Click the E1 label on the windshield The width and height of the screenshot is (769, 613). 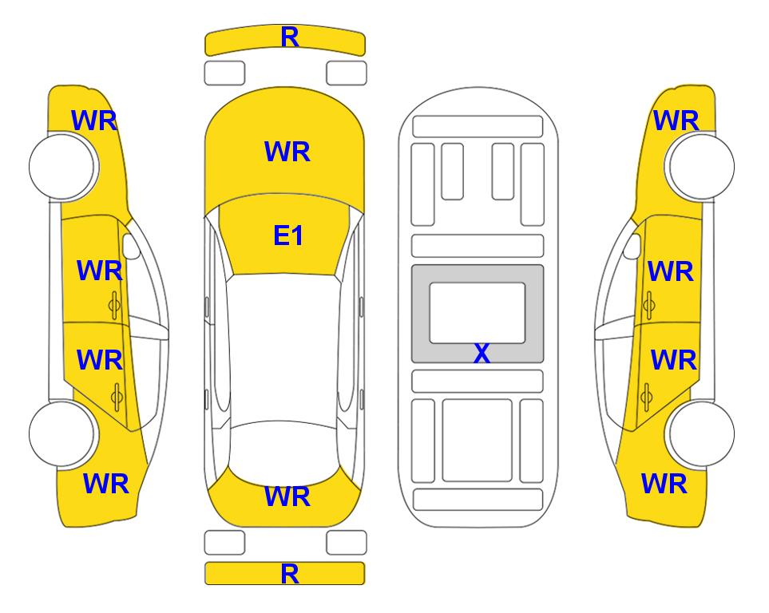tap(288, 235)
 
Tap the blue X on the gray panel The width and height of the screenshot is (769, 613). tap(482, 353)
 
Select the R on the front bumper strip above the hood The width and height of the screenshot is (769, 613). tap(289, 37)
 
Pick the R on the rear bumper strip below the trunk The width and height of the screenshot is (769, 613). tap(289, 574)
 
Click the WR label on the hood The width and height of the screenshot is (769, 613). tap(287, 152)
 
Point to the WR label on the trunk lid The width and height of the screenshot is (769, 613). tap(287, 496)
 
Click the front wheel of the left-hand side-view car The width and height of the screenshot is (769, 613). tap(63, 167)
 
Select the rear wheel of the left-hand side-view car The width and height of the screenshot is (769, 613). tap(62, 433)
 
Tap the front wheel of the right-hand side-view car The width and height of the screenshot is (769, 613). tap(700, 167)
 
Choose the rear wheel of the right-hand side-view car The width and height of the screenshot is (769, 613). tap(701, 433)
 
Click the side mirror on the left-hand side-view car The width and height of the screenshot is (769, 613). tap(131, 246)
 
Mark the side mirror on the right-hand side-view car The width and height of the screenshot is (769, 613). tap(632, 246)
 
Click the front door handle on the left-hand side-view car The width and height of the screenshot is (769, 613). tap(114, 305)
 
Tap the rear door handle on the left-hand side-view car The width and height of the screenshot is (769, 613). tap(117, 397)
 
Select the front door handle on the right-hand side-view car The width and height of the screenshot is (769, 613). tap(649, 305)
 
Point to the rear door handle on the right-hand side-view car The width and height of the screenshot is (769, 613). tap(646, 397)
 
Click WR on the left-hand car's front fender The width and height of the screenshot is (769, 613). tap(94, 121)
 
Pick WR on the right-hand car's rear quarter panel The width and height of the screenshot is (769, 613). tap(664, 484)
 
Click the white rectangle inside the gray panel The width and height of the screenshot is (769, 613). tap(478, 313)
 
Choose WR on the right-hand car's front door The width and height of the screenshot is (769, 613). tap(671, 271)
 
